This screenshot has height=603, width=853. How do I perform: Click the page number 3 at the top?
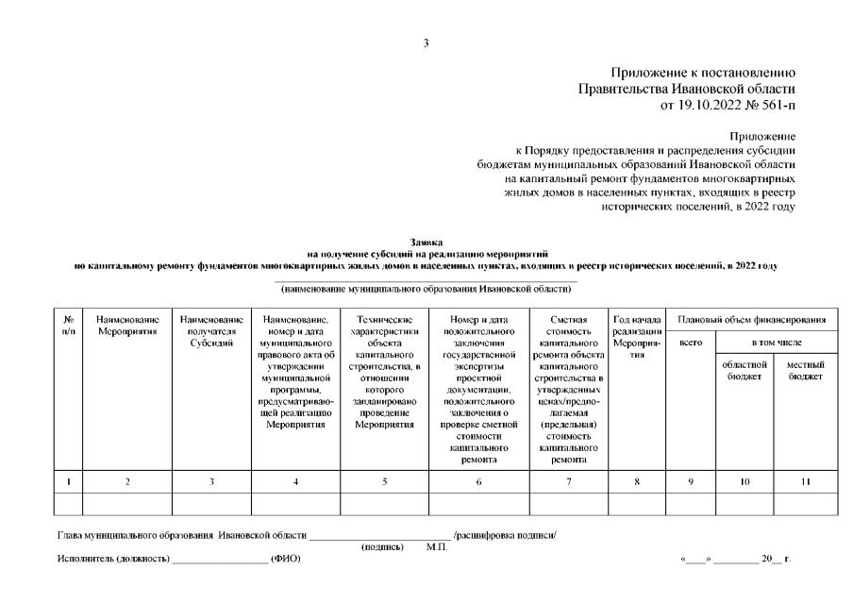[426, 43]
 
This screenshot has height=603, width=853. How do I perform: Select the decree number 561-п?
[773, 105]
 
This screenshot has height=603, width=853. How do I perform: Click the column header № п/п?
[68, 327]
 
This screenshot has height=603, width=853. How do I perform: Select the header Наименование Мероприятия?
[127, 327]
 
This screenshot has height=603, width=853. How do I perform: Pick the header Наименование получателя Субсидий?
[211, 332]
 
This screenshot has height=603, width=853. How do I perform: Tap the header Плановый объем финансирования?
[752, 321]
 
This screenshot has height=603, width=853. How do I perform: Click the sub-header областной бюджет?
[744, 370]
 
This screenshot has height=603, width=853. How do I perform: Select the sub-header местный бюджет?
[805, 370]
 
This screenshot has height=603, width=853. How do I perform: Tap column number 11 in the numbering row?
[805, 481]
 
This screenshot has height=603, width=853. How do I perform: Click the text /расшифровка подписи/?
[505, 535]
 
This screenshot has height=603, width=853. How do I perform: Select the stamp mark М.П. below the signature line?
[437, 545]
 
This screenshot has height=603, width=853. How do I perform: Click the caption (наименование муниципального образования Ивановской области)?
[426, 288]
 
